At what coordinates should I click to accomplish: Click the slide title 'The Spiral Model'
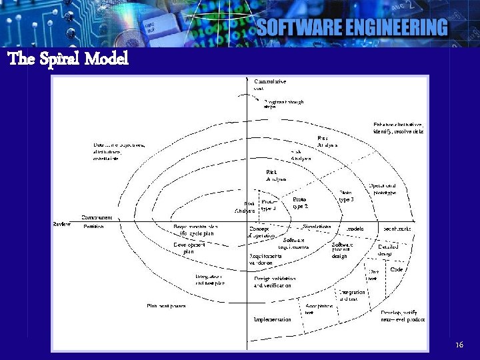point(68,59)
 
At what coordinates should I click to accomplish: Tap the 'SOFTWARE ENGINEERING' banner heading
point(352,27)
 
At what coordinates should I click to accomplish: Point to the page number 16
point(459,345)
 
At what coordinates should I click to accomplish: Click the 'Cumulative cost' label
point(269,85)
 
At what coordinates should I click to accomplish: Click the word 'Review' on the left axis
point(62,224)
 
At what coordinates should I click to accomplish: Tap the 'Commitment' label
point(97,217)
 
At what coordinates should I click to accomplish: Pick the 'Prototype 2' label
point(300,203)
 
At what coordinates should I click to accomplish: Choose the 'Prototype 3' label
point(347,196)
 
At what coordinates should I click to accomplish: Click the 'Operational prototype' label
point(383,189)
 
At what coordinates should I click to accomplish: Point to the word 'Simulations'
point(317,227)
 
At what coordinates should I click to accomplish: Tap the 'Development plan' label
point(189,248)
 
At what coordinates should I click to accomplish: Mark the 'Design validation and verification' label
point(272,282)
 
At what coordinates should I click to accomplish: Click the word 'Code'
point(397,269)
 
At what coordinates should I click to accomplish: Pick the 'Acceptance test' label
point(318,309)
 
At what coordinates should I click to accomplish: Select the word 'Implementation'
point(272,319)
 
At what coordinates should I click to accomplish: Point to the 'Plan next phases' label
point(166,306)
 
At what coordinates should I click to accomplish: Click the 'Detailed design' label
point(388,250)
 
